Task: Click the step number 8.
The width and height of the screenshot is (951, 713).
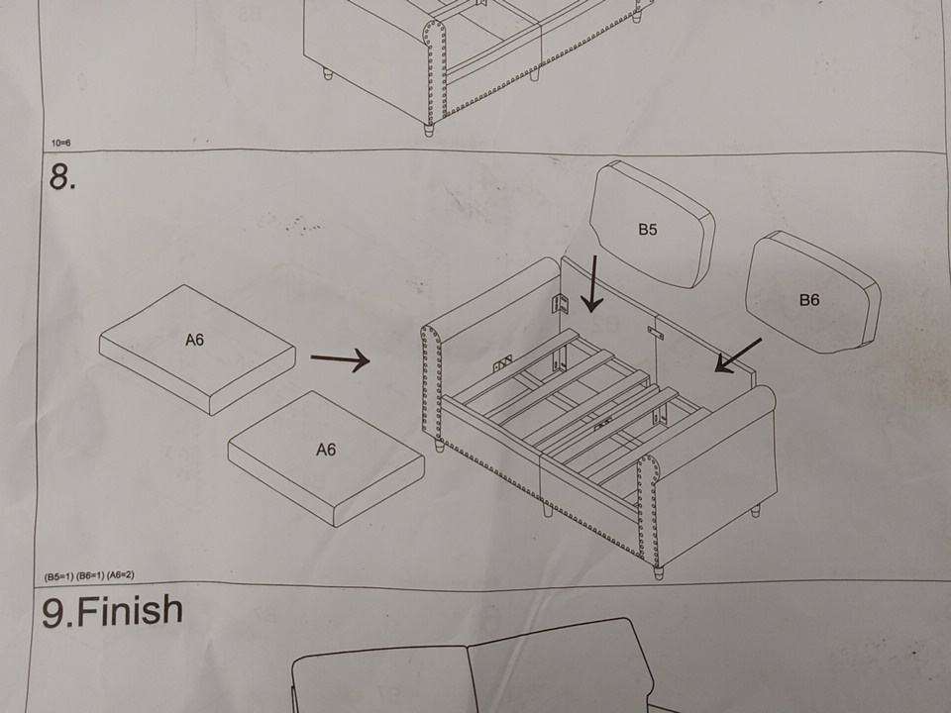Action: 62,177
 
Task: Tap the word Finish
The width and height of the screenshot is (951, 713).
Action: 131,611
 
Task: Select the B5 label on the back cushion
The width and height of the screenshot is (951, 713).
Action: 648,229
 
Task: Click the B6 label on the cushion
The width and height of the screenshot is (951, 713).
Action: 809,299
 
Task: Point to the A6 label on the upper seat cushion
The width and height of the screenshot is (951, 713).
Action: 195,340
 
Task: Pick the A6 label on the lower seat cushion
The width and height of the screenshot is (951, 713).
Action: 326,450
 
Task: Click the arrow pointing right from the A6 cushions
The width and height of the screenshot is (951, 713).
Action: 340,359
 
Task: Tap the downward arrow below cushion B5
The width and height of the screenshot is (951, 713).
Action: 592,283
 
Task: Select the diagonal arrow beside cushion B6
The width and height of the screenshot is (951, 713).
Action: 738,356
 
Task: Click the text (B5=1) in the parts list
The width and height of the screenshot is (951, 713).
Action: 58,576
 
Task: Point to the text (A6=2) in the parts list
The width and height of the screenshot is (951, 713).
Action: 120,574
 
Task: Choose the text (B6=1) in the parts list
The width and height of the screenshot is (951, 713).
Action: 89,575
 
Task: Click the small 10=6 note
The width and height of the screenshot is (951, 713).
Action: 60,143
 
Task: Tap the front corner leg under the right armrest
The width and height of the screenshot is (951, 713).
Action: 658,572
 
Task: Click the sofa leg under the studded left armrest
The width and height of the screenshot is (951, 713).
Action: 440,446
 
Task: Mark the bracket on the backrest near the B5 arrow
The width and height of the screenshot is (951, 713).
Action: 559,304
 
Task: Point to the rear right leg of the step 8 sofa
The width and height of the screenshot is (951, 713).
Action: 756,511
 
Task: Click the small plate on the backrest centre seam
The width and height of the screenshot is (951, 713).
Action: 655,333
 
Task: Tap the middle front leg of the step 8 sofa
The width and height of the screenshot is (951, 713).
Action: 548,510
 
